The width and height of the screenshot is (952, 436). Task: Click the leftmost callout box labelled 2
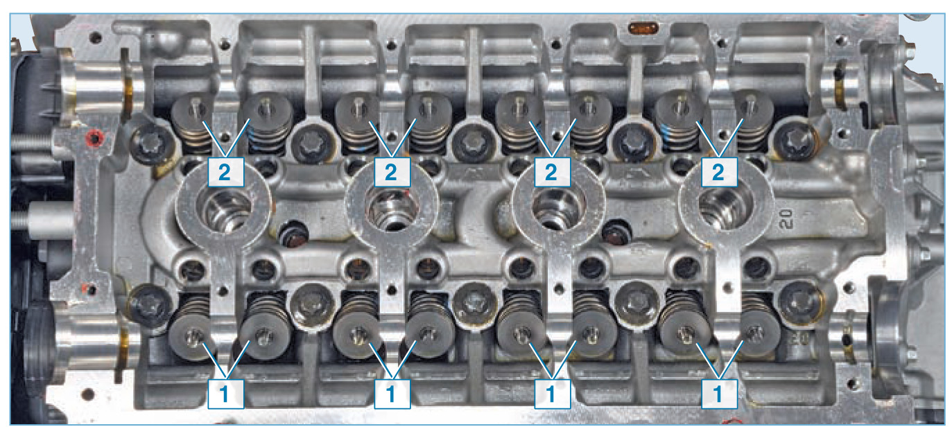(x=225, y=172)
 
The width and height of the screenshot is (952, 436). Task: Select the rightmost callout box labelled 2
(x=719, y=172)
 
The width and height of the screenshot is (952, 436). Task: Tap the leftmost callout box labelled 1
(x=225, y=394)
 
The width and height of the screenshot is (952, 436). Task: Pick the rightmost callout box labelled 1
(x=719, y=394)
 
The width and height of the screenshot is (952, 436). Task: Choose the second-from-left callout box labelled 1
(x=392, y=394)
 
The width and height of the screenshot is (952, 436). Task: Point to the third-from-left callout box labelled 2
(x=552, y=172)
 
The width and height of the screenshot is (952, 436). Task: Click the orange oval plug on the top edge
(x=643, y=28)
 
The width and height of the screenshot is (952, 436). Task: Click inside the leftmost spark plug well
(x=224, y=209)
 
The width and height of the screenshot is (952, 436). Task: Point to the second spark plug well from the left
(x=392, y=209)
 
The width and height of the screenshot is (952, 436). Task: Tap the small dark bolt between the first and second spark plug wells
(x=293, y=234)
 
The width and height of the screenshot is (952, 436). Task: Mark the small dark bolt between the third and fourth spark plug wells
(x=617, y=234)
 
